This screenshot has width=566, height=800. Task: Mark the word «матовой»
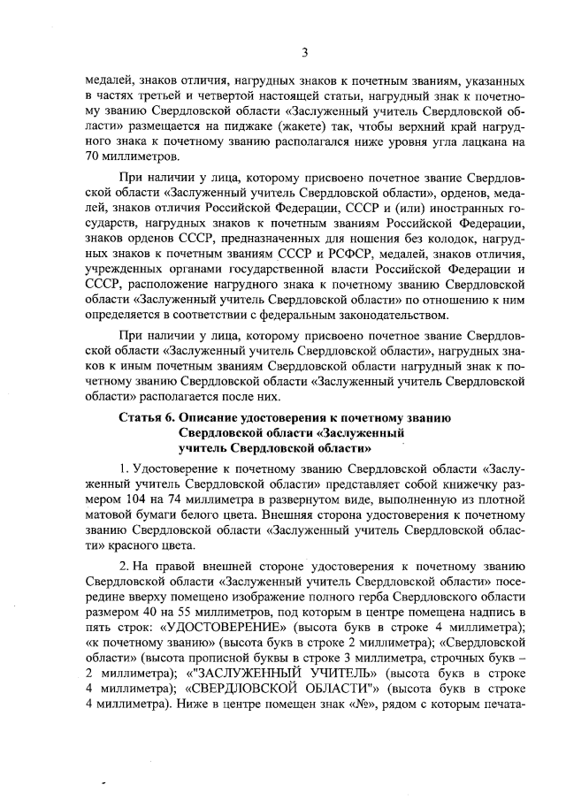(x=111, y=513)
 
